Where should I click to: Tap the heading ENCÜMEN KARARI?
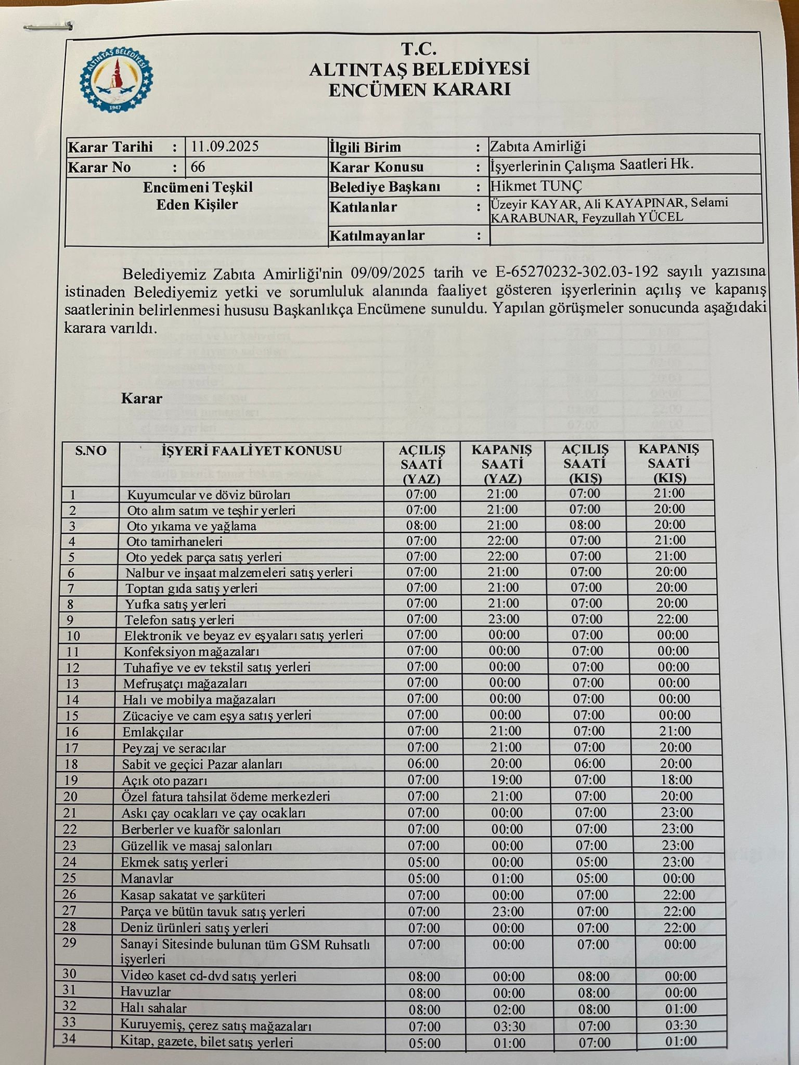click(419, 89)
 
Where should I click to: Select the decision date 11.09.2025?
click(224, 147)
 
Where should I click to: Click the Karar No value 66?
click(198, 167)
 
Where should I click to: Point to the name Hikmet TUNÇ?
click(536, 186)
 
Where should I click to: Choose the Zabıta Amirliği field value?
click(537, 147)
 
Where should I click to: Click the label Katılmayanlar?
click(377, 236)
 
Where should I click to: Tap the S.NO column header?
click(91, 451)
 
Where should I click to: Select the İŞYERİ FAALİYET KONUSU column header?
click(251, 451)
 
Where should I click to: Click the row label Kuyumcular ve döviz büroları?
click(209, 495)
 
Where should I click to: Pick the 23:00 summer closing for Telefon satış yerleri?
click(503, 619)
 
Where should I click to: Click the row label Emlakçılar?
click(153, 732)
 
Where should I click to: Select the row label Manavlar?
click(147, 879)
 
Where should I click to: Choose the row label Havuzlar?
click(145, 992)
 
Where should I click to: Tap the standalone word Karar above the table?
click(141, 399)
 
